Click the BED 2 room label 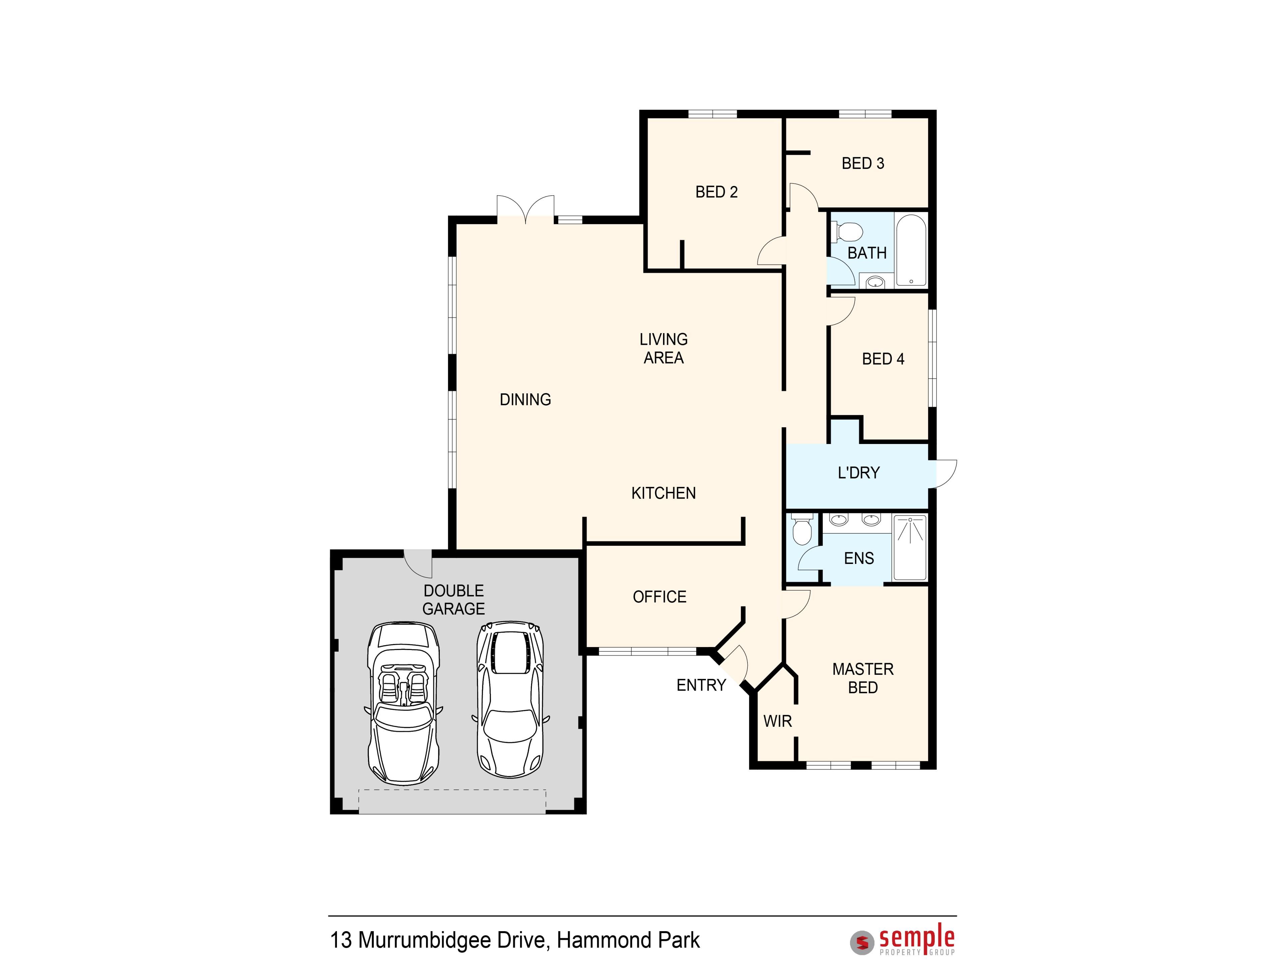[x=716, y=192]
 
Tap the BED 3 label [x=863, y=164]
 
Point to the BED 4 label [x=883, y=359]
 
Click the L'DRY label [x=859, y=473]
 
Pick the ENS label [x=859, y=559]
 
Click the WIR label [x=777, y=721]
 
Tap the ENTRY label [x=701, y=685]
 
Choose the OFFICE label [x=659, y=597]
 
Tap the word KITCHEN [x=663, y=493]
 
